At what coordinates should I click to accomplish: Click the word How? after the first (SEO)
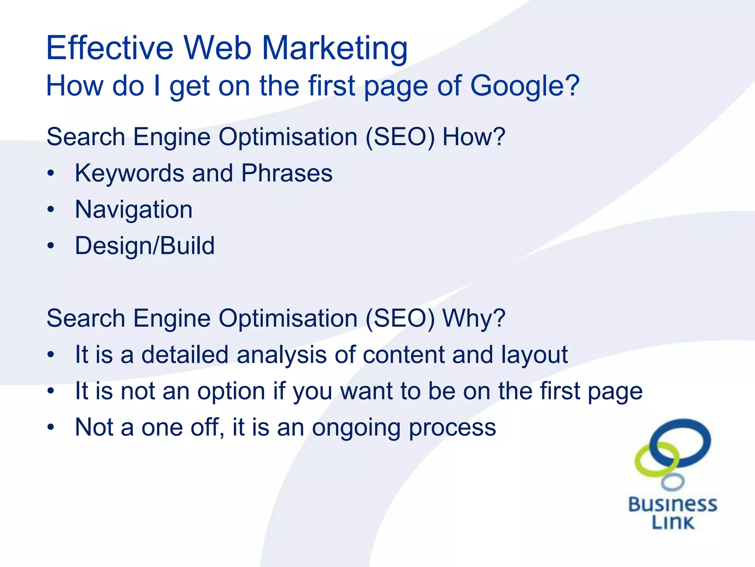click(x=473, y=137)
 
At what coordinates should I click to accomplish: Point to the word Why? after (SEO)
click(x=474, y=318)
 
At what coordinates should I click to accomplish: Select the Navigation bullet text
click(x=133, y=210)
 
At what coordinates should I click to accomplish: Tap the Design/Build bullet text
click(x=145, y=246)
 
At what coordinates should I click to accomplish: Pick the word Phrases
click(x=286, y=173)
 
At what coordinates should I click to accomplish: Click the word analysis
click(x=282, y=355)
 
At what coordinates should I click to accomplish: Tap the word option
click(x=231, y=391)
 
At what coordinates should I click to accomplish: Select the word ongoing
click(x=356, y=427)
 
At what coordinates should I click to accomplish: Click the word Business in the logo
click(x=672, y=505)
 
